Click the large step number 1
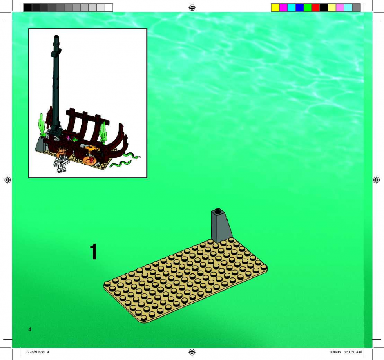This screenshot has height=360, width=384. (94, 252)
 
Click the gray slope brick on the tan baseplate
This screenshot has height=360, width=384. (221, 226)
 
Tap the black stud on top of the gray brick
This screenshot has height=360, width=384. (217, 210)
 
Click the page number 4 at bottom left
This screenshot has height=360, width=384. (30, 329)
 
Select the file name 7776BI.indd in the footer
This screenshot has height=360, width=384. (35, 352)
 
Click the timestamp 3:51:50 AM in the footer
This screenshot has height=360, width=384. (353, 352)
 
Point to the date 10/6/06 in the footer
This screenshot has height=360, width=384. (335, 352)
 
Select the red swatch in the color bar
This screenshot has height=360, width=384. (316, 8)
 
